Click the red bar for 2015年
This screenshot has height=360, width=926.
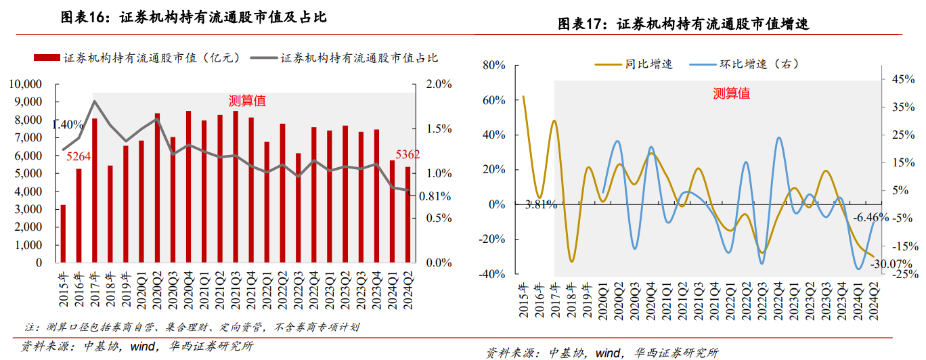click(x=63, y=233)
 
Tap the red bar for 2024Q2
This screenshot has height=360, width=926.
click(x=407, y=215)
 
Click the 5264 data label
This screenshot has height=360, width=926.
click(x=79, y=158)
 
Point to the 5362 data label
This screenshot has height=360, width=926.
click(x=407, y=154)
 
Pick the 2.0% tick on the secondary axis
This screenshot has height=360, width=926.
click(x=438, y=84)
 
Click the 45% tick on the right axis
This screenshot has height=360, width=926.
click(x=903, y=79)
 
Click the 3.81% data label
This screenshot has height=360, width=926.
click(x=541, y=204)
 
